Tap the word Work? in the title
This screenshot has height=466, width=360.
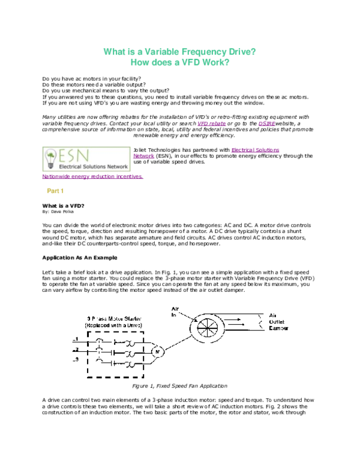pyautogui.click(x=217, y=62)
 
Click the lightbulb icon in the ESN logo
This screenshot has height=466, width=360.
pyautogui.click(x=50, y=159)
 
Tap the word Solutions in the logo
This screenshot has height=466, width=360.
pyautogui.click(x=86, y=168)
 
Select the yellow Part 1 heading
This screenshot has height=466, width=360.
pyautogui.click(x=55, y=191)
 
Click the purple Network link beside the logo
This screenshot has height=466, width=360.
pyautogui.click(x=144, y=156)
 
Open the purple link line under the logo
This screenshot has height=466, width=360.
pyautogui.click(x=92, y=177)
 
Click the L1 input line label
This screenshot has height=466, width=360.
pyautogui.click(x=75, y=340)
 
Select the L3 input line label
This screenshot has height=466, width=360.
pyautogui.click(x=75, y=360)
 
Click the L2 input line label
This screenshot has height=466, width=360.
pyautogui.click(x=75, y=350)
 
